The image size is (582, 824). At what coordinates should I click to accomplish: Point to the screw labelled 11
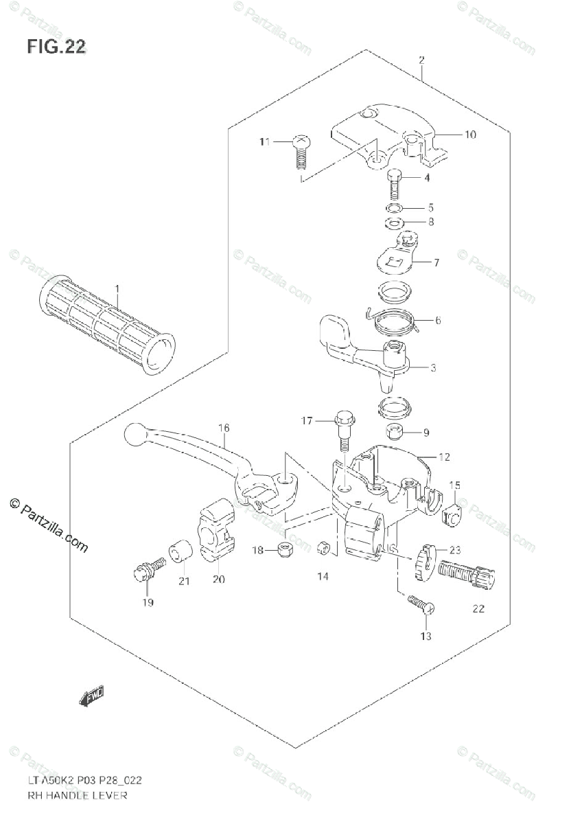point(300,152)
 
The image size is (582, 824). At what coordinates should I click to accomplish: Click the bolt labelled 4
point(394,183)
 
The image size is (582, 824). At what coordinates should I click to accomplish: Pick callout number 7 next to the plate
point(436,262)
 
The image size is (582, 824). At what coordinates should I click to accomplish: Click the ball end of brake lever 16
point(134,433)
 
